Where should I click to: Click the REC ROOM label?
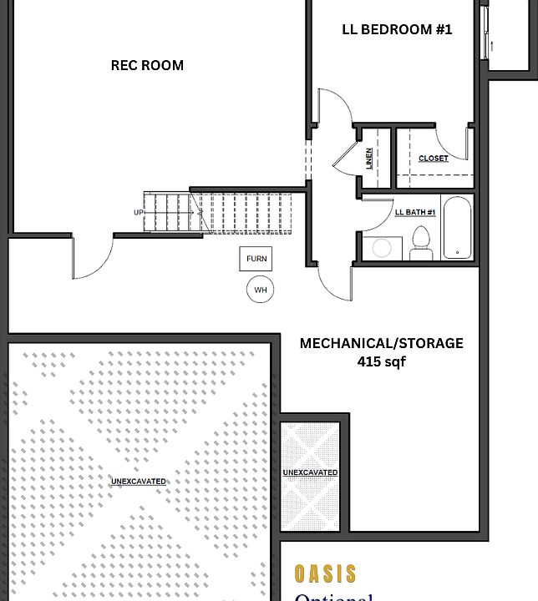click(147, 65)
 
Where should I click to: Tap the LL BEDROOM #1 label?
click(397, 29)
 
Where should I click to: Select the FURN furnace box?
click(256, 259)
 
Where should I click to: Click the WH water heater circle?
click(260, 290)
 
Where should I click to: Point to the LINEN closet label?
click(369, 158)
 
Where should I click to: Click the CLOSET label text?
click(433, 158)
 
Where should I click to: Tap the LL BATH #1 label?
click(415, 212)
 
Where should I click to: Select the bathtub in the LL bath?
click(456, 228)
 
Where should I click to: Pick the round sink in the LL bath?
click(383, 248)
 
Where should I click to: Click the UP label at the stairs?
click(139, 212)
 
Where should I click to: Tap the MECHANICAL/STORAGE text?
click(381, 343)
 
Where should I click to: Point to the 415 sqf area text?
click(381, 362)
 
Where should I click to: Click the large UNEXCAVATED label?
click(139, 482)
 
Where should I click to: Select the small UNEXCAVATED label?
click(310, 473)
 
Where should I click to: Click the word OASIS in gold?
click(325, 574)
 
